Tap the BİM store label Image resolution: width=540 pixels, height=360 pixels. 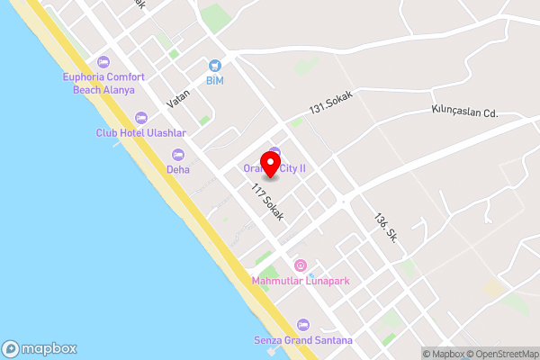click(214, 81)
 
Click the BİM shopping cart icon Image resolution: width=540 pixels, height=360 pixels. click(214, 65)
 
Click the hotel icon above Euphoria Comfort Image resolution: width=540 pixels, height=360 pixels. click(103, 62)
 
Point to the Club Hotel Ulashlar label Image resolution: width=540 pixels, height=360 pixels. click(141, 133)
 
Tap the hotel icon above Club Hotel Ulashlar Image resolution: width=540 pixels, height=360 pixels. click(141, 118)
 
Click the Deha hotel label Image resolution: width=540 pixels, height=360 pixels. click(178, 169)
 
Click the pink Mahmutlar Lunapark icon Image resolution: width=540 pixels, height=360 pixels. click(301, 265)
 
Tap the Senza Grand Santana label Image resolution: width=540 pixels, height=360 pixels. click(302, 340)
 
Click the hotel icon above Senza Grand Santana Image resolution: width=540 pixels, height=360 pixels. click(302, 324)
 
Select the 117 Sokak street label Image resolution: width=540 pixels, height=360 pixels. click(268, 202)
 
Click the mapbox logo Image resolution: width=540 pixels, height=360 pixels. click(40, 349)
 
